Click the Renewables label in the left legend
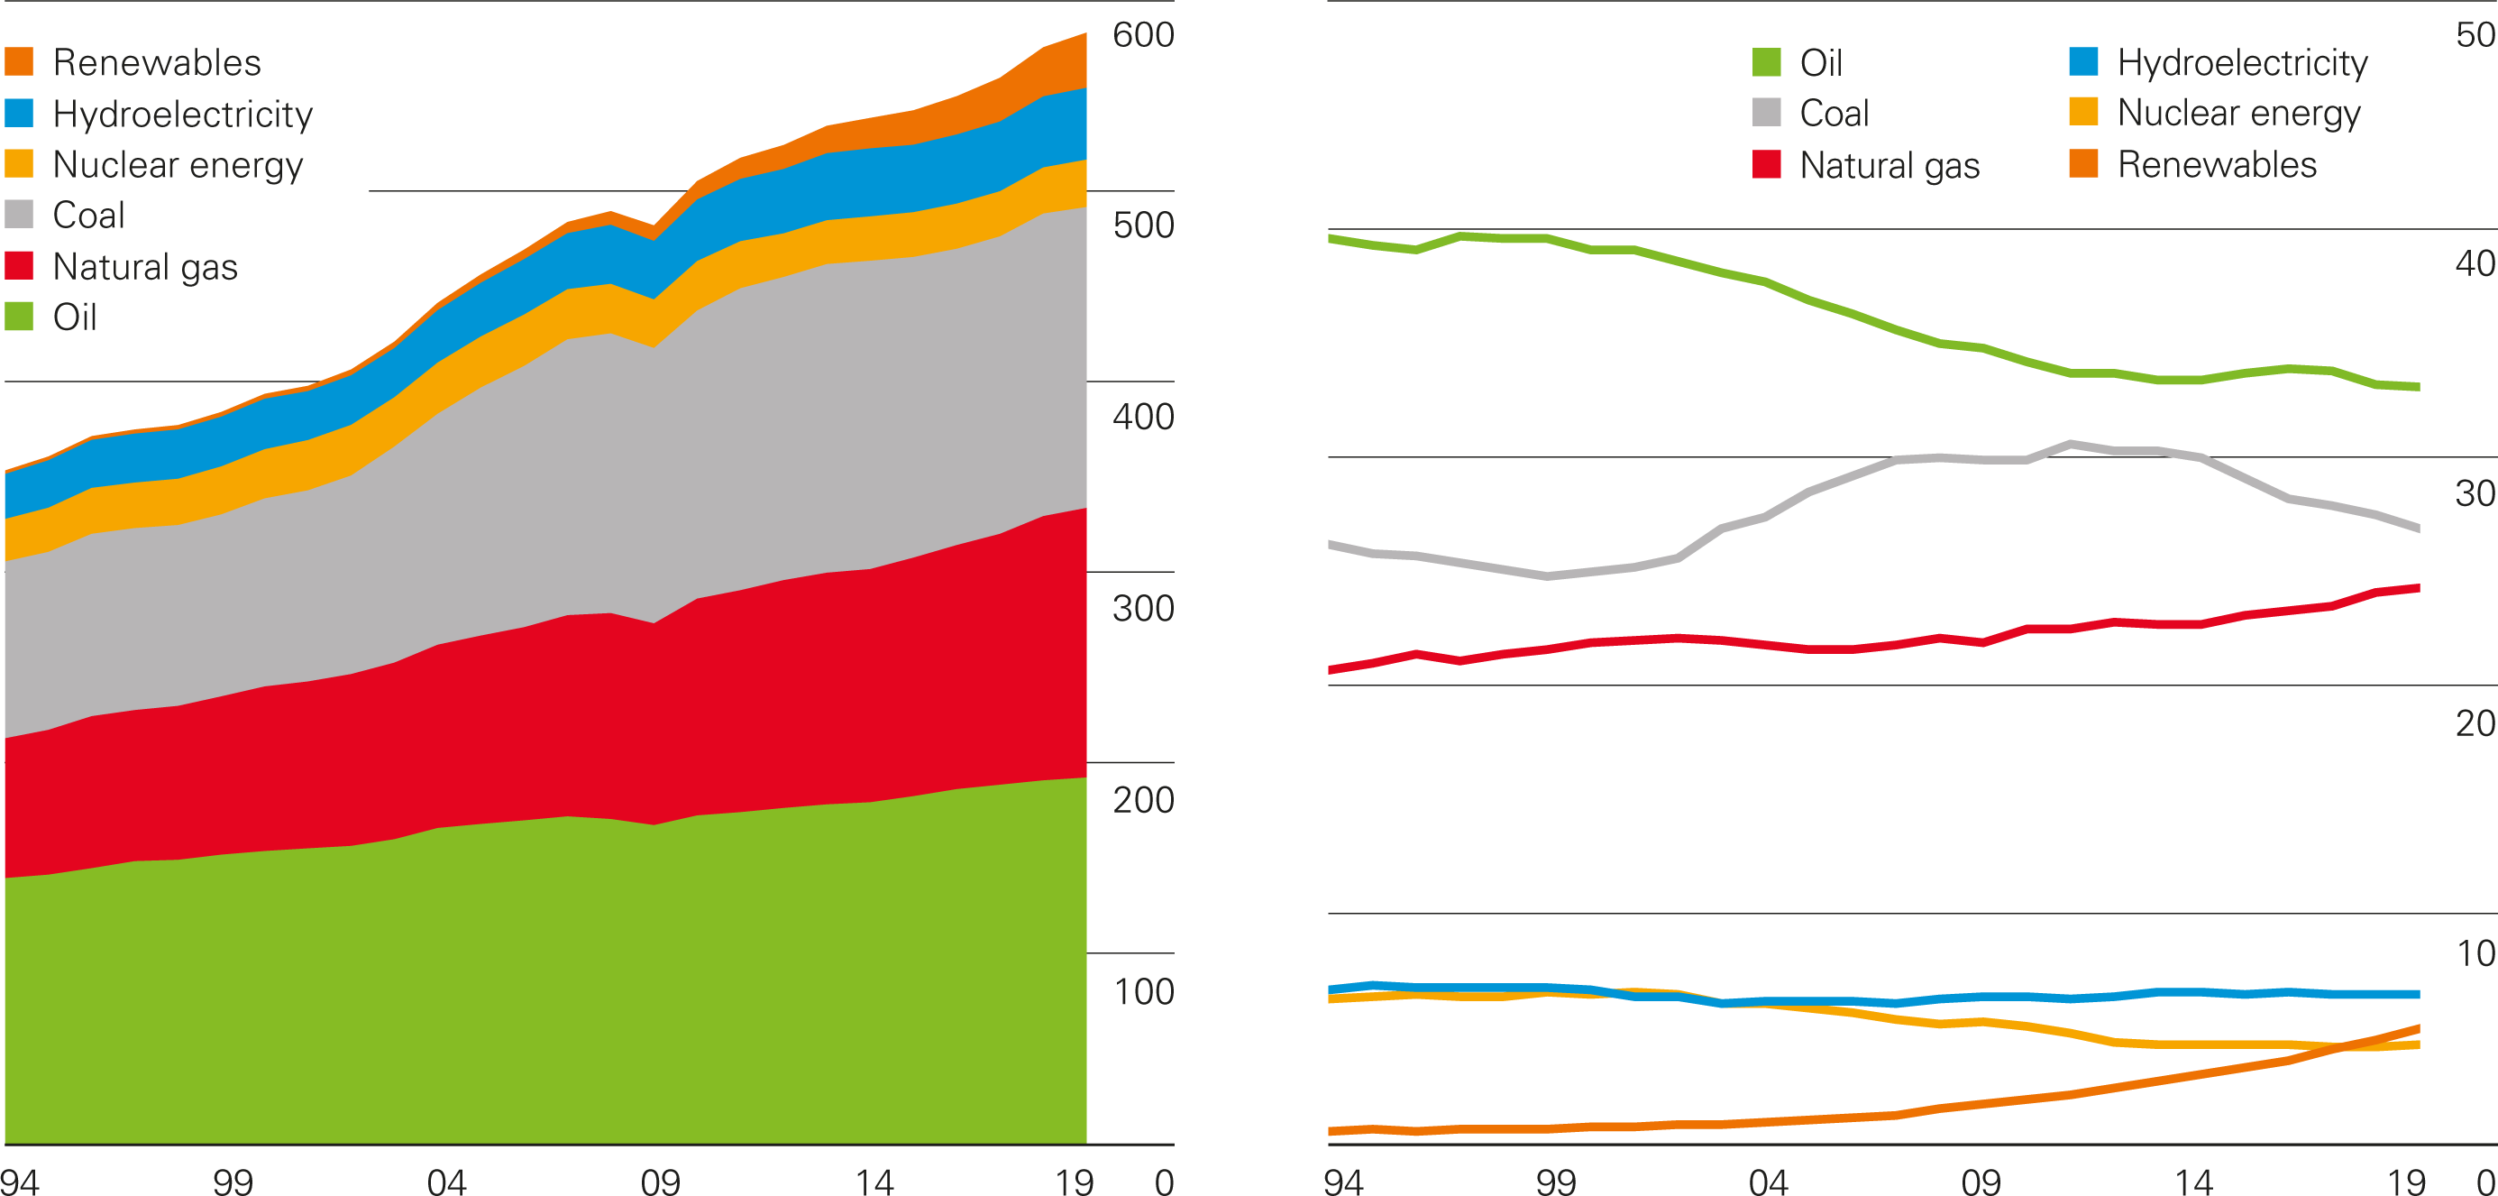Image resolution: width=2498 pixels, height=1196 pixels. [x=156, y=63]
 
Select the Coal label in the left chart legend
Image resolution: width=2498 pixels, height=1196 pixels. [x=88, y=216]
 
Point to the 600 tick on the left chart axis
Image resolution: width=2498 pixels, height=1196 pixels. [x=1142, y=35]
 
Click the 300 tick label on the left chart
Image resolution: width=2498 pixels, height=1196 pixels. [x=1142, y=608]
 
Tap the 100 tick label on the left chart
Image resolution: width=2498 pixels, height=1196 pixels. [x=1142, y=991]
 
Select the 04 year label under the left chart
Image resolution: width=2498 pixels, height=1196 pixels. [x=446, y=1182]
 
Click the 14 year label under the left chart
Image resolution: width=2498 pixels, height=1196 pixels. [x=874, y=1182]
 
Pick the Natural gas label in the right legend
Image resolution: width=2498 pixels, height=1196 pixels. [x=1889, y=166]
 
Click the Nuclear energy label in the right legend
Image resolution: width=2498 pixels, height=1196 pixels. [x=2238, y=114]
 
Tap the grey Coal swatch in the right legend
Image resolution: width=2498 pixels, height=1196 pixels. [x=1767, y=113]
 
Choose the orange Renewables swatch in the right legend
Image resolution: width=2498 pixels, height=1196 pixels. [x=2083, y=164]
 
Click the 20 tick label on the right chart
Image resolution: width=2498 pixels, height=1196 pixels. [x=2475, y=723]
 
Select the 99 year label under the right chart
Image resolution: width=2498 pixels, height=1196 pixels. [x=1555, y=1182]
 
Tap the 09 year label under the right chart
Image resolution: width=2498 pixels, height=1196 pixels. [x=1981, y=1182]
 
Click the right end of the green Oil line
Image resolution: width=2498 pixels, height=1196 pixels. [x=2419, y=387]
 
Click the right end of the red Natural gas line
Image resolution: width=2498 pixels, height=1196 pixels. [x=2419, y=588]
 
